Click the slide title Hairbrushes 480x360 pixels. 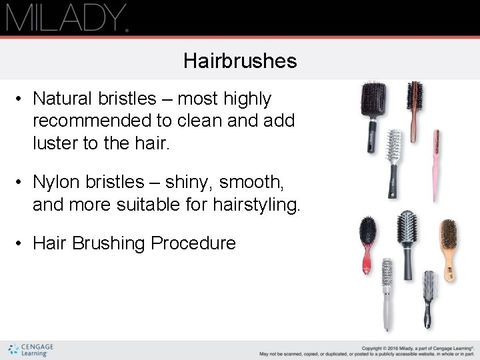pos(240,62)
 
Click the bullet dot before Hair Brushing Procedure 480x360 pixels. pos(20,243)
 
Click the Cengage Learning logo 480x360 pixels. pos(31,349)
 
